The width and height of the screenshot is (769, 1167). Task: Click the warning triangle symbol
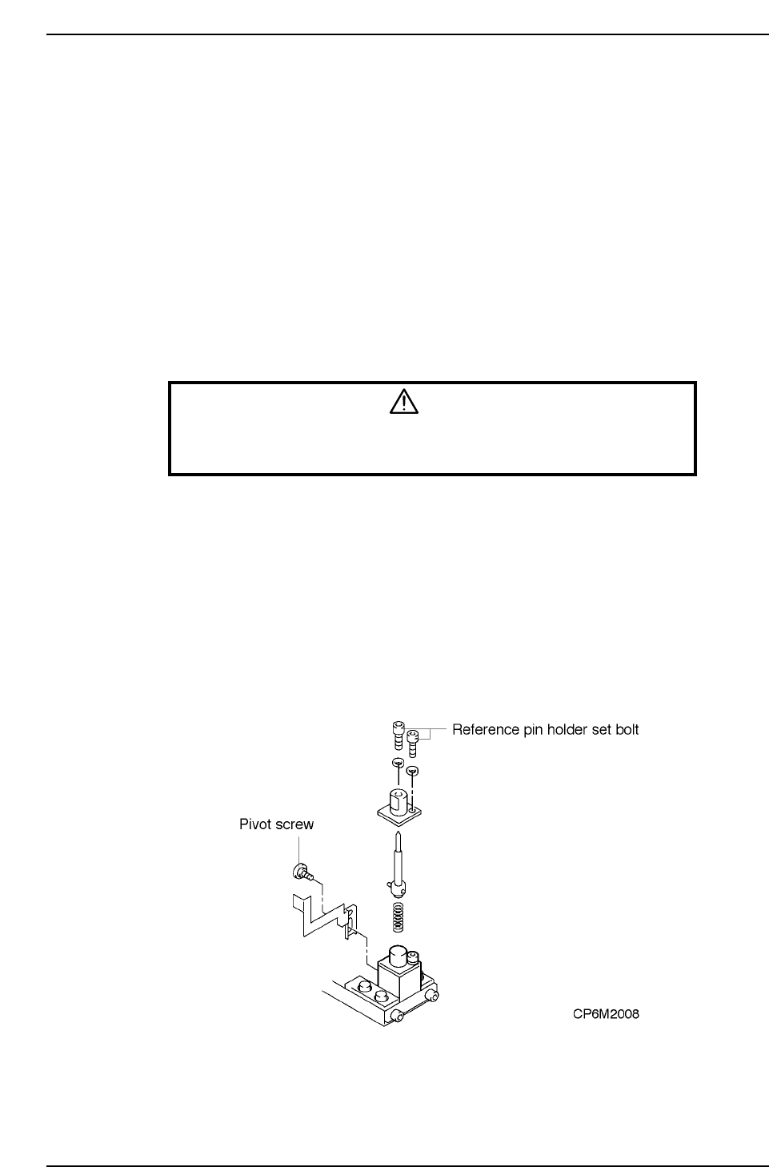coord(404,402)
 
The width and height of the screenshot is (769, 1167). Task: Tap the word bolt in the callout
coord(625,729)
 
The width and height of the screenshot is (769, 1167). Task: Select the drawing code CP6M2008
coord(605,1014)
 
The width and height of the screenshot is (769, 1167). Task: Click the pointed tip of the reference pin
coord(399,837)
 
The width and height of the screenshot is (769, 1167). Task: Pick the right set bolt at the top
coord(413,741)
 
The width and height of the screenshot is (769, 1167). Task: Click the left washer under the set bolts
coord(398,763)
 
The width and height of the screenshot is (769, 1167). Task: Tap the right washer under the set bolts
coord(412,770)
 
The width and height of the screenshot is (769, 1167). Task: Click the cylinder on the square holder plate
coord(397,800)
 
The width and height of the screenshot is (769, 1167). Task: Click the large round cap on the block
coord(399,956)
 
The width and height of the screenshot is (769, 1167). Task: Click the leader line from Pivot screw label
coord(299,847)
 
